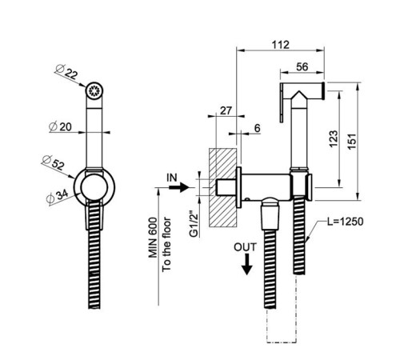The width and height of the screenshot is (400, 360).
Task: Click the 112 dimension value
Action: click(281, 45)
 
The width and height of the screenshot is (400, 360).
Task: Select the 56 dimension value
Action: click(302, 66)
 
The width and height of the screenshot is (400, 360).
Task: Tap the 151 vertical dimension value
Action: click(352, 141)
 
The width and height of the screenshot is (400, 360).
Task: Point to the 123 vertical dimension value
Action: click(334, 138)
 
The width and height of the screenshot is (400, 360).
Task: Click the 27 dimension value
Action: click(226, 110)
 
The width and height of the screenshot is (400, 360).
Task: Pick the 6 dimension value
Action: click(257, 128)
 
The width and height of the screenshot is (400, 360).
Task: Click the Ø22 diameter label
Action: click(66, 72)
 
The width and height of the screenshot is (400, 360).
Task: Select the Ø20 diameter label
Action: click(60, 126)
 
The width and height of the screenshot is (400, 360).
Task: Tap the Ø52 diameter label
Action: click(54, 162)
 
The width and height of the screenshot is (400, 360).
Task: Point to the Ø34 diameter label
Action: click(57, 197)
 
